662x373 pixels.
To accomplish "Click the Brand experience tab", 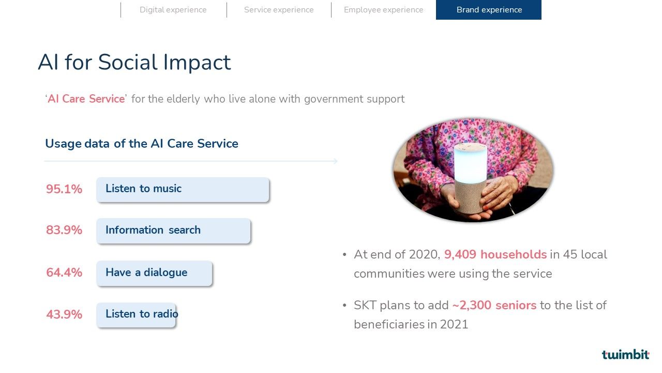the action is (x=489, y=10).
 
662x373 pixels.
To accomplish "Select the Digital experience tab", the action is (x=173, y=10).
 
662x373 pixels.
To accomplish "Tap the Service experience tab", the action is (x=279, y=10).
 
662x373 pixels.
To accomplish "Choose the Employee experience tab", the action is (x=383, y=10).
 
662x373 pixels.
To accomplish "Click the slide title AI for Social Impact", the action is (x=134, y=62).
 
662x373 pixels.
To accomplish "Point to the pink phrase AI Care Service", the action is (x=86, y=99).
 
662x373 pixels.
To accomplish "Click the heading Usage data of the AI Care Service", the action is (x=142, y=144).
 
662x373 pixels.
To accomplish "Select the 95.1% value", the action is (x=64, y=189).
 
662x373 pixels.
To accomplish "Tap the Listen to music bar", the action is (x=183, y=190).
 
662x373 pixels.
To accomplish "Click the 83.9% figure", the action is (x=64, y=230).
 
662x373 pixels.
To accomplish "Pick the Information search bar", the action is (x=173, y=231).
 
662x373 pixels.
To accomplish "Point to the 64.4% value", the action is (x=64, y=272).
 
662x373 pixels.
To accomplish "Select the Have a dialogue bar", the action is (x=154, y=273).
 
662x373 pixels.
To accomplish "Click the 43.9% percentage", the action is (x=64, y=314).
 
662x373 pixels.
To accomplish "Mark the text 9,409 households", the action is (x=495, y=254).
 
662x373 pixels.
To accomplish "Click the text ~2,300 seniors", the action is (x=494, y=305).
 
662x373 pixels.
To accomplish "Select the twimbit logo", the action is (x=625, y=354).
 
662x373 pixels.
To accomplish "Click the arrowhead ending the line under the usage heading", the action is (x=336, y=161).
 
